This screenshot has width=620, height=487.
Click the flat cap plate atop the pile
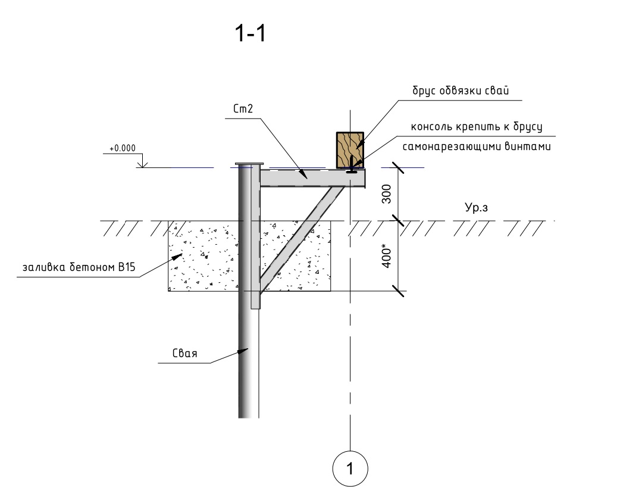pos(249,164)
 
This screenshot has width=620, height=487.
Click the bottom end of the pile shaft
pos(249,416)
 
